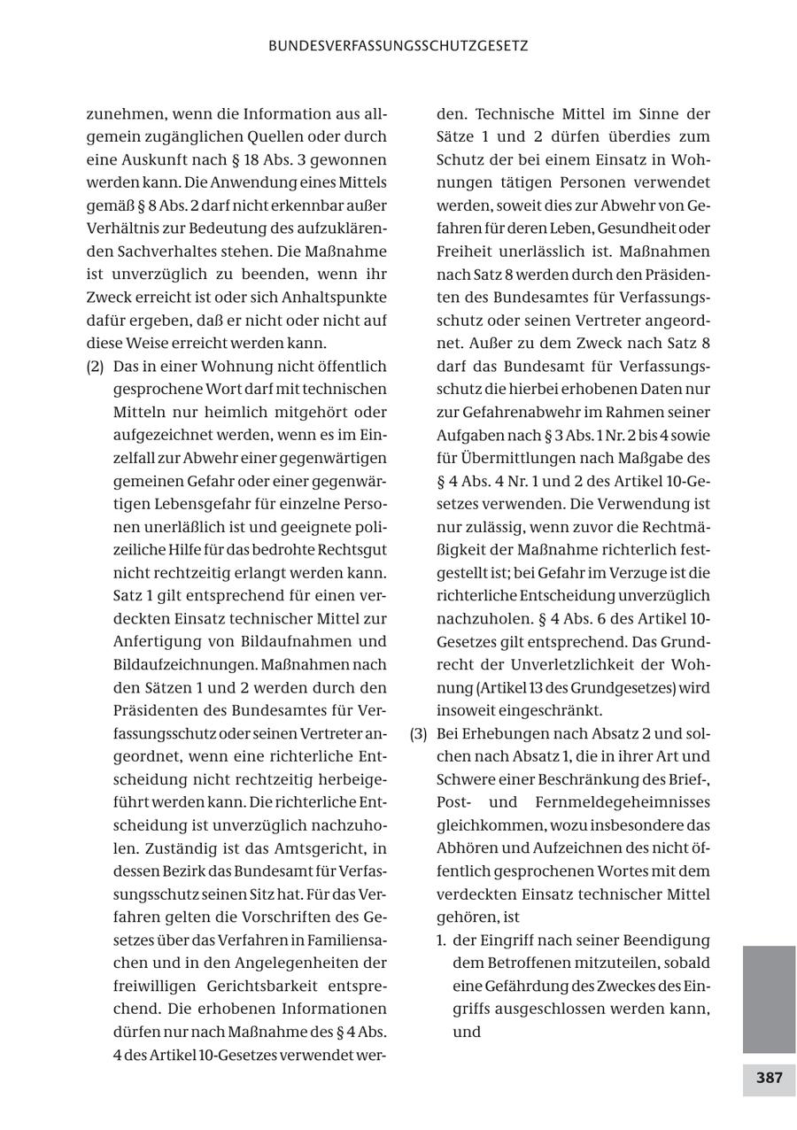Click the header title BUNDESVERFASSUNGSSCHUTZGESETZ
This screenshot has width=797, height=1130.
[398, 46]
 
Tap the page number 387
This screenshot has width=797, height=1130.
[769, 1078]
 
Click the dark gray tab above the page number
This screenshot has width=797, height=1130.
[769, 998]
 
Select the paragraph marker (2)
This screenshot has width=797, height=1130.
[96, 366]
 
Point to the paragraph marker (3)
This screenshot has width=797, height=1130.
[420, 733]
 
